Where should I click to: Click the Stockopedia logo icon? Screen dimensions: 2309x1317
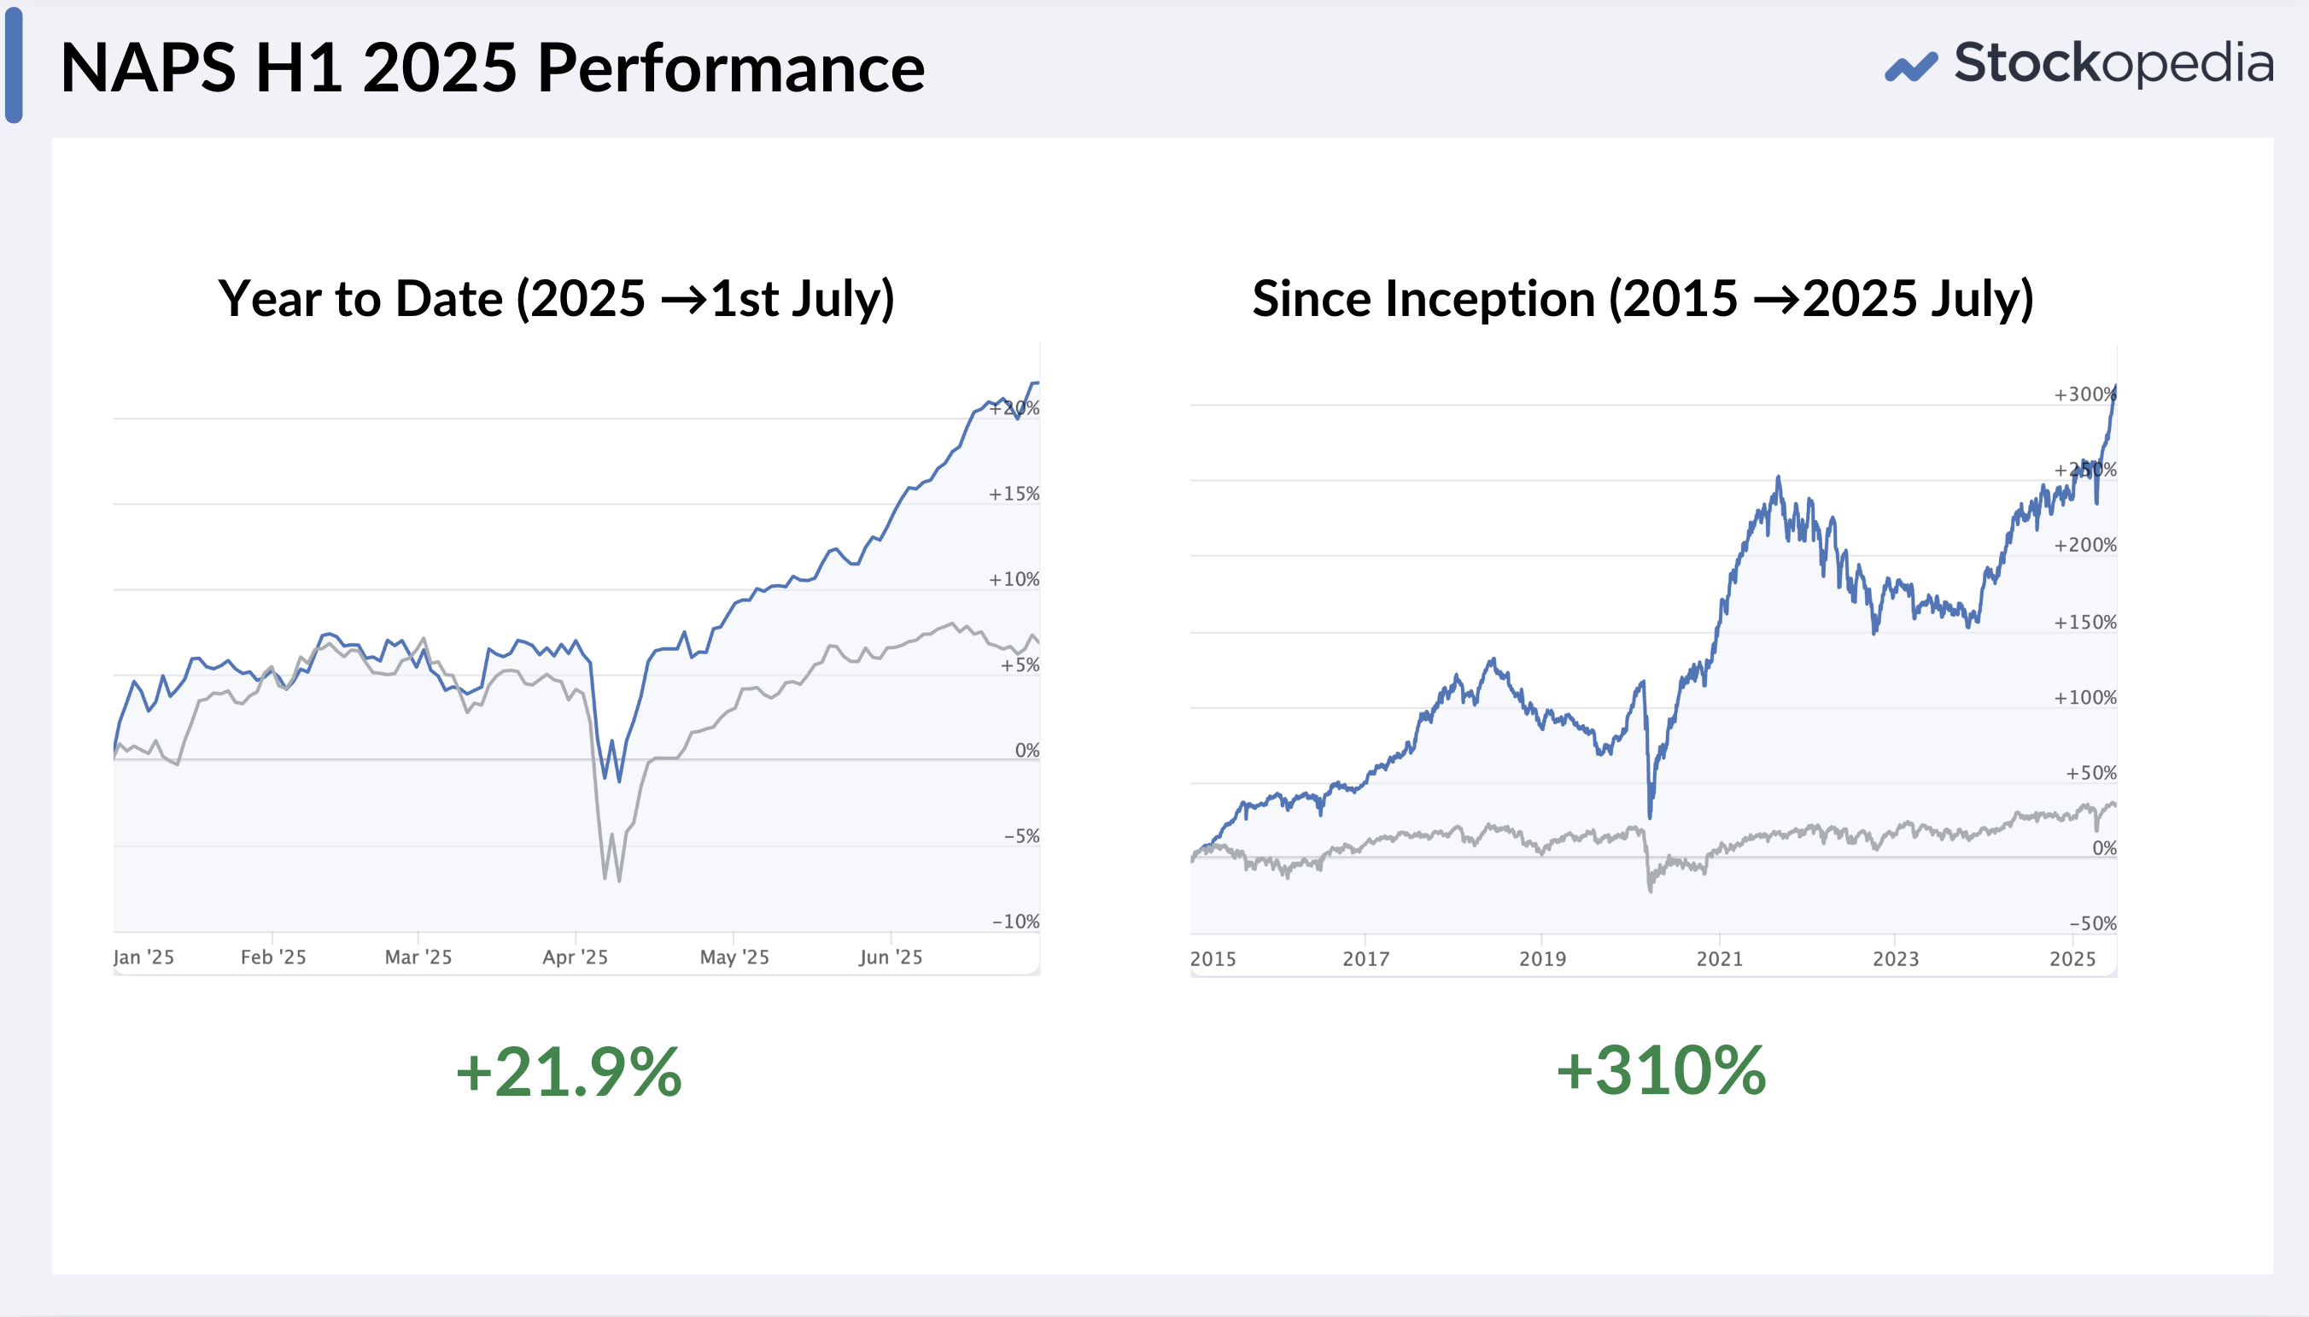tap(1910, 66)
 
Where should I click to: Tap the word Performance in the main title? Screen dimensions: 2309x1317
tap(730, 68)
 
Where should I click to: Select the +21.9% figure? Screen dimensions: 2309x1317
tap(569, 1072)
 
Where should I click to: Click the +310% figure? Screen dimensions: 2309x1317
tap(1661, 1071)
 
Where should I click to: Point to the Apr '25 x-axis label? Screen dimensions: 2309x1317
tap(575, 957)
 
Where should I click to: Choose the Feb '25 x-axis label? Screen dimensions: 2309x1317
tap(273, 957)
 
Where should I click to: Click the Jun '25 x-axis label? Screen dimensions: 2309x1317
tap(891, 957)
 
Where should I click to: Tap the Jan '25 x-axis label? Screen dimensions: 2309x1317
tap(143, 957)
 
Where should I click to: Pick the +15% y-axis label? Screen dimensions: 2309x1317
tap(1014, 494)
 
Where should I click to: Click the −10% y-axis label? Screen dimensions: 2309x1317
tap(1015, 922)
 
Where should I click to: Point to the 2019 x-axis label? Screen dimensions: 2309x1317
tap(1542, 959)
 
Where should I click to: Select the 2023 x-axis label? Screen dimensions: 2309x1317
tap(1896, 959)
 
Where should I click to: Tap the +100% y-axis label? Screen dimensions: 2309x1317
tap(2084, 698)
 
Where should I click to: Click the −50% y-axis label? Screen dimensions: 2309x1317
tap(2093, 923)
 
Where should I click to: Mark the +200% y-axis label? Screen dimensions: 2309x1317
tap(2084, 546)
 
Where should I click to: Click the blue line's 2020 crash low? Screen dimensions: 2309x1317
tap(1650, 817)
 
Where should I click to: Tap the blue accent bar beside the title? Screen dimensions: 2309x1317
tap(14, 65)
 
